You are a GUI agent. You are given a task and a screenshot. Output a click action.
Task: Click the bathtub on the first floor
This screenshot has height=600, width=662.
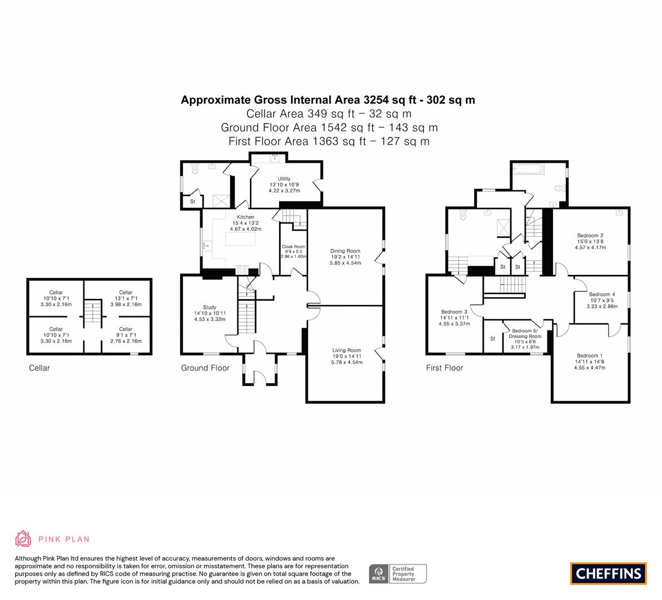tap(528, 169)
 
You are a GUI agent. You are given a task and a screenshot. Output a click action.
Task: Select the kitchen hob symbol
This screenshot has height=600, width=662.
tap(242, 269)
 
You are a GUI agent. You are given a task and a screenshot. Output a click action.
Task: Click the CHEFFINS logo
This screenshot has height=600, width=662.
tap(609, 573)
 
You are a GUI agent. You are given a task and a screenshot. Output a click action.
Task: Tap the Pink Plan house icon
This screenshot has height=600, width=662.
tap(23, 539)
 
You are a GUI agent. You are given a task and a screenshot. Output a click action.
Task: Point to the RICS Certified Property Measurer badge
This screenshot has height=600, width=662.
tap(398, 574)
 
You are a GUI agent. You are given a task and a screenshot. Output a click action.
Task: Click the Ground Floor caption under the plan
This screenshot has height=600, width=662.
tap(205, 368)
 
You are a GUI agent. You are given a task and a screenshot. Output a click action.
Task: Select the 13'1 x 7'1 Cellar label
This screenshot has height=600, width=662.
tap(126, 298)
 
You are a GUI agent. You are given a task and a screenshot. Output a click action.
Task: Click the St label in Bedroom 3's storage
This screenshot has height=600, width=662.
tap(492, 339)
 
